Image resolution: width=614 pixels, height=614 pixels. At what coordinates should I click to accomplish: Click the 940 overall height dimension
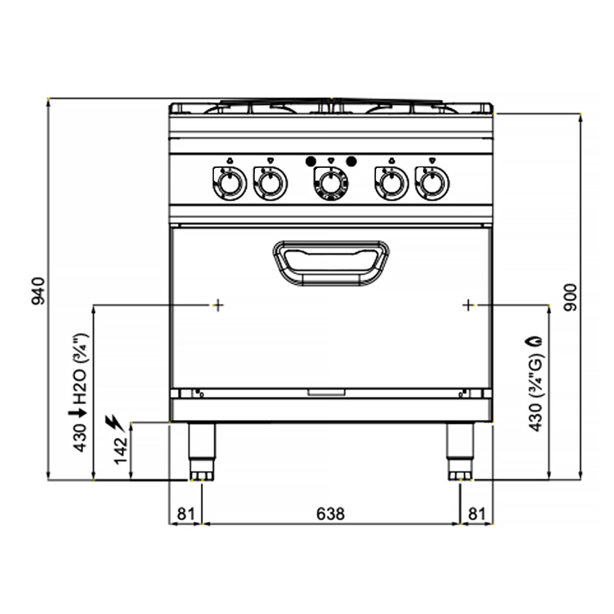38,291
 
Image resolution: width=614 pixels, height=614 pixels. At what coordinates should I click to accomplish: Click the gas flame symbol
535,342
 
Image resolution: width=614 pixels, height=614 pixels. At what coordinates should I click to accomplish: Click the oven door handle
331,263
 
